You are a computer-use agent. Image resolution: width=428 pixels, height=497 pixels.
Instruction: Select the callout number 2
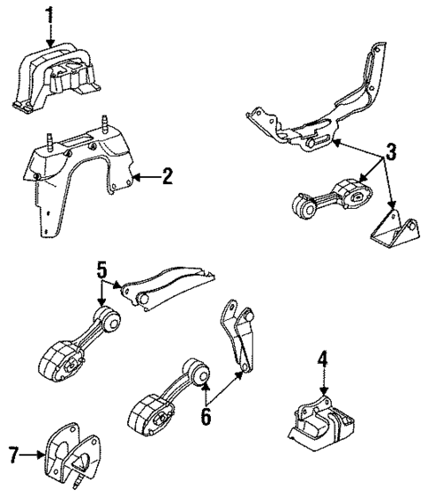click(167, 177)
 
